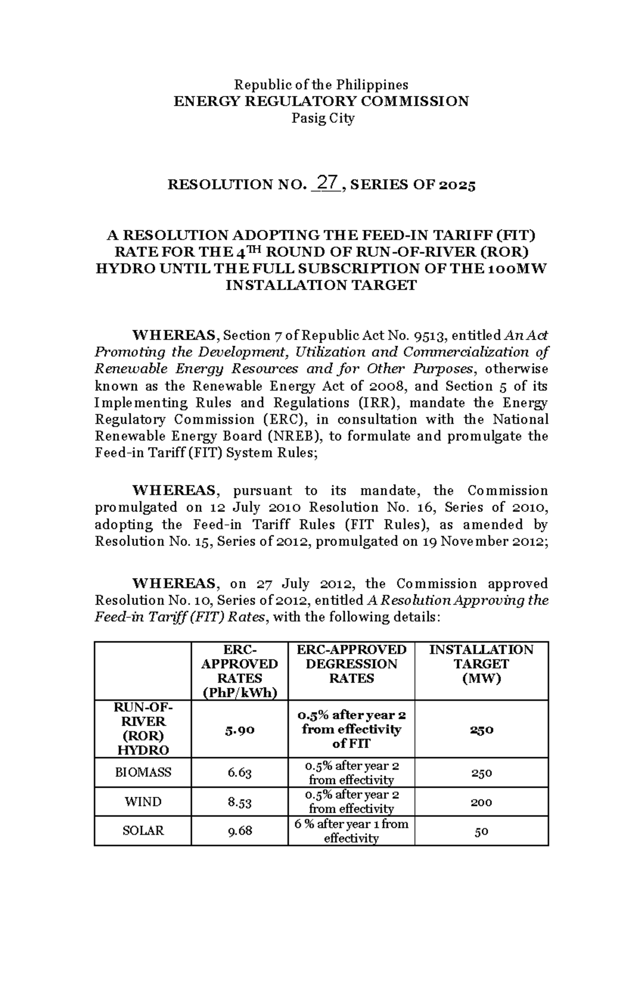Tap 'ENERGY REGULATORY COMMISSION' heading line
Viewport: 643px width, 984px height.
pos(322,101)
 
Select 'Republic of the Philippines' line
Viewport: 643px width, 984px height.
pos(322,85)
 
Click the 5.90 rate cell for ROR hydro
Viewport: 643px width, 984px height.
pos(240,730)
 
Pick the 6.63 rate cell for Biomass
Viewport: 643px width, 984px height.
pos(240,773)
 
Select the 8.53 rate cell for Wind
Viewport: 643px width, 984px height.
pos(240,802)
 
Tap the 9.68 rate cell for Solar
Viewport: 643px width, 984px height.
pos(240,831)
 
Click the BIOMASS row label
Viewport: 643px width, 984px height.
pos(143,773)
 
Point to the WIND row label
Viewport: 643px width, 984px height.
pos(143,802)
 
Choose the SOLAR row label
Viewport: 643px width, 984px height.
pos(143,831)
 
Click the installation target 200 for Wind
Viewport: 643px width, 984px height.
pos(481,803)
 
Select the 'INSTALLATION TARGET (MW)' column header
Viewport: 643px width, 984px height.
pos(481,664)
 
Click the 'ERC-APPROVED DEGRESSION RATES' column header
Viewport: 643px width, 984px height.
pos(352,664)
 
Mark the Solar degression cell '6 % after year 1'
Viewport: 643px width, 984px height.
pos(352,831)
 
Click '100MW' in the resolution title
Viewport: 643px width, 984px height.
pos(518,269)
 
